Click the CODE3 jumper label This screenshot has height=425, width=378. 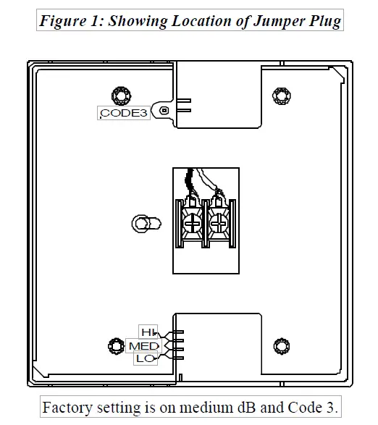click(x=124, y=113)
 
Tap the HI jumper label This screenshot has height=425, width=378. click(x=148, y=332)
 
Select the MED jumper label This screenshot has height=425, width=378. click(x=143, y=346)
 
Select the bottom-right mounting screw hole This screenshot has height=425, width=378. click(x=280, y=345)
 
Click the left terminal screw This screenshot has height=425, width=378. click(x=193, y=224)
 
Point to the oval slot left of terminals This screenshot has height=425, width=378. click(x=143, y=222)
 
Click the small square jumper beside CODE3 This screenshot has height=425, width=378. click(x=164, y=111)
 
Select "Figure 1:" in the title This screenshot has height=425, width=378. click(x=70, y=20)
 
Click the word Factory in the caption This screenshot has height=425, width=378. click(x=66, y=407)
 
